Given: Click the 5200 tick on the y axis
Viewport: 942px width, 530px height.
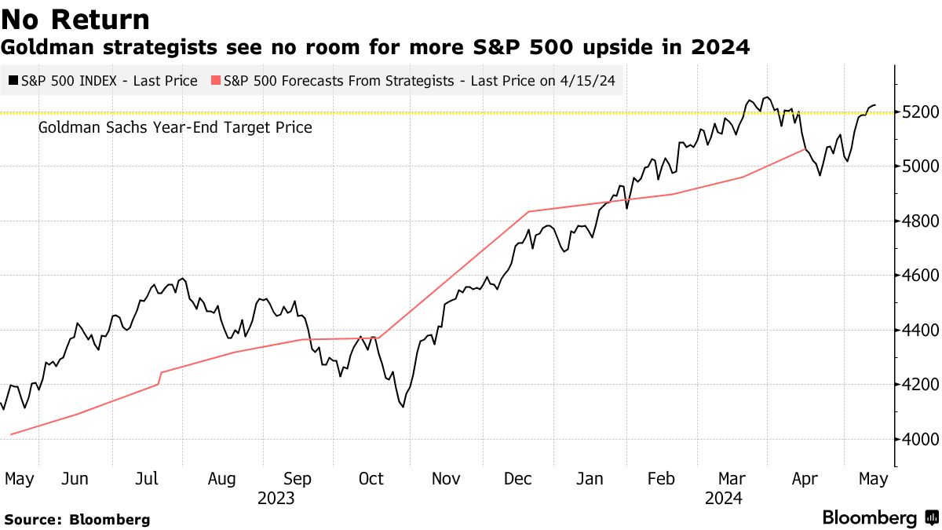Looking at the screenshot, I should [x=917, y=112].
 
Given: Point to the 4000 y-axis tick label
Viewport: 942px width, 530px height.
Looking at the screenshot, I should [x=917, y=439].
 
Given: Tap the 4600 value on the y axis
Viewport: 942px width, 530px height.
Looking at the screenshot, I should [x=917, y=276].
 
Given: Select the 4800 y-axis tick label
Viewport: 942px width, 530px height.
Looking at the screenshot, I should [x=917, y=221].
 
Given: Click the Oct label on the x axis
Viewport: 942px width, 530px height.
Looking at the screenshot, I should [x=371, y=479].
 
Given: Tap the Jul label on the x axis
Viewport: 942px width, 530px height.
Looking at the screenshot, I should [x=148, y=479].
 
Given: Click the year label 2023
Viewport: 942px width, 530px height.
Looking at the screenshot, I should [x=276, y=499].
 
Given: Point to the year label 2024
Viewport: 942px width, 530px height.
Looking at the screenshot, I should [x=723, y=499].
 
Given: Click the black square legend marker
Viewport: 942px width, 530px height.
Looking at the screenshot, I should [x=13, y=80].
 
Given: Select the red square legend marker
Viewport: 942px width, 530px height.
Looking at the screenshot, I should [x=216, y=80].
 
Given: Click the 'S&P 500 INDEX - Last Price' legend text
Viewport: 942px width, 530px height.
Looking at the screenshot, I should [x=109, y=80].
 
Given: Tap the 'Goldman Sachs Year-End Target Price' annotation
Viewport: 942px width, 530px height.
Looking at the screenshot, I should [x=175, y=127].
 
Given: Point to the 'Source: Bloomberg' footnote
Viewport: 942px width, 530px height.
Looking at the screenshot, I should [x=77, y=519].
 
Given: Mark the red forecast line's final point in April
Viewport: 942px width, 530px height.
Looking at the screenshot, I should [x=805, y=148].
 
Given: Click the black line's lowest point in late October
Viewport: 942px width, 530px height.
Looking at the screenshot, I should [x=403, y=407].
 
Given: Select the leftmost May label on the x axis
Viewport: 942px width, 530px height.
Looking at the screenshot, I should [x=20, y=479].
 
